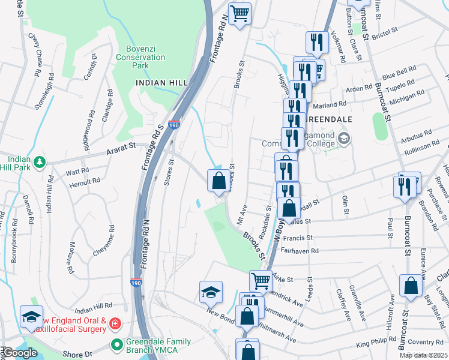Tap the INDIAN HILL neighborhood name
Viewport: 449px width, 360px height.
(x=158, y=83)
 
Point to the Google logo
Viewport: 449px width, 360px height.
(x=19, y=353)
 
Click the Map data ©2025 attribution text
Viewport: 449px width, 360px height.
(x=423, y=355)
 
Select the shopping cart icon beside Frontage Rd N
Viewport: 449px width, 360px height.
(x=240, y=13)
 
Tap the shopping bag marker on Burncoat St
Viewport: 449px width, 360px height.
(x=412, y=286)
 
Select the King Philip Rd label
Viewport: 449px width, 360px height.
(x=376, y=344)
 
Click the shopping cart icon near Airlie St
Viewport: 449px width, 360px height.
(x=260, y=280)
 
